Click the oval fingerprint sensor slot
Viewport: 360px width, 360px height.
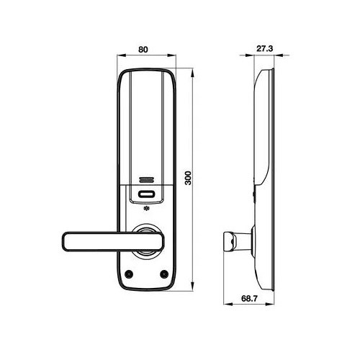tap(146, 194)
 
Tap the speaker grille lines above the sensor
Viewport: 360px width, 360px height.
tap(146, 180)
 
